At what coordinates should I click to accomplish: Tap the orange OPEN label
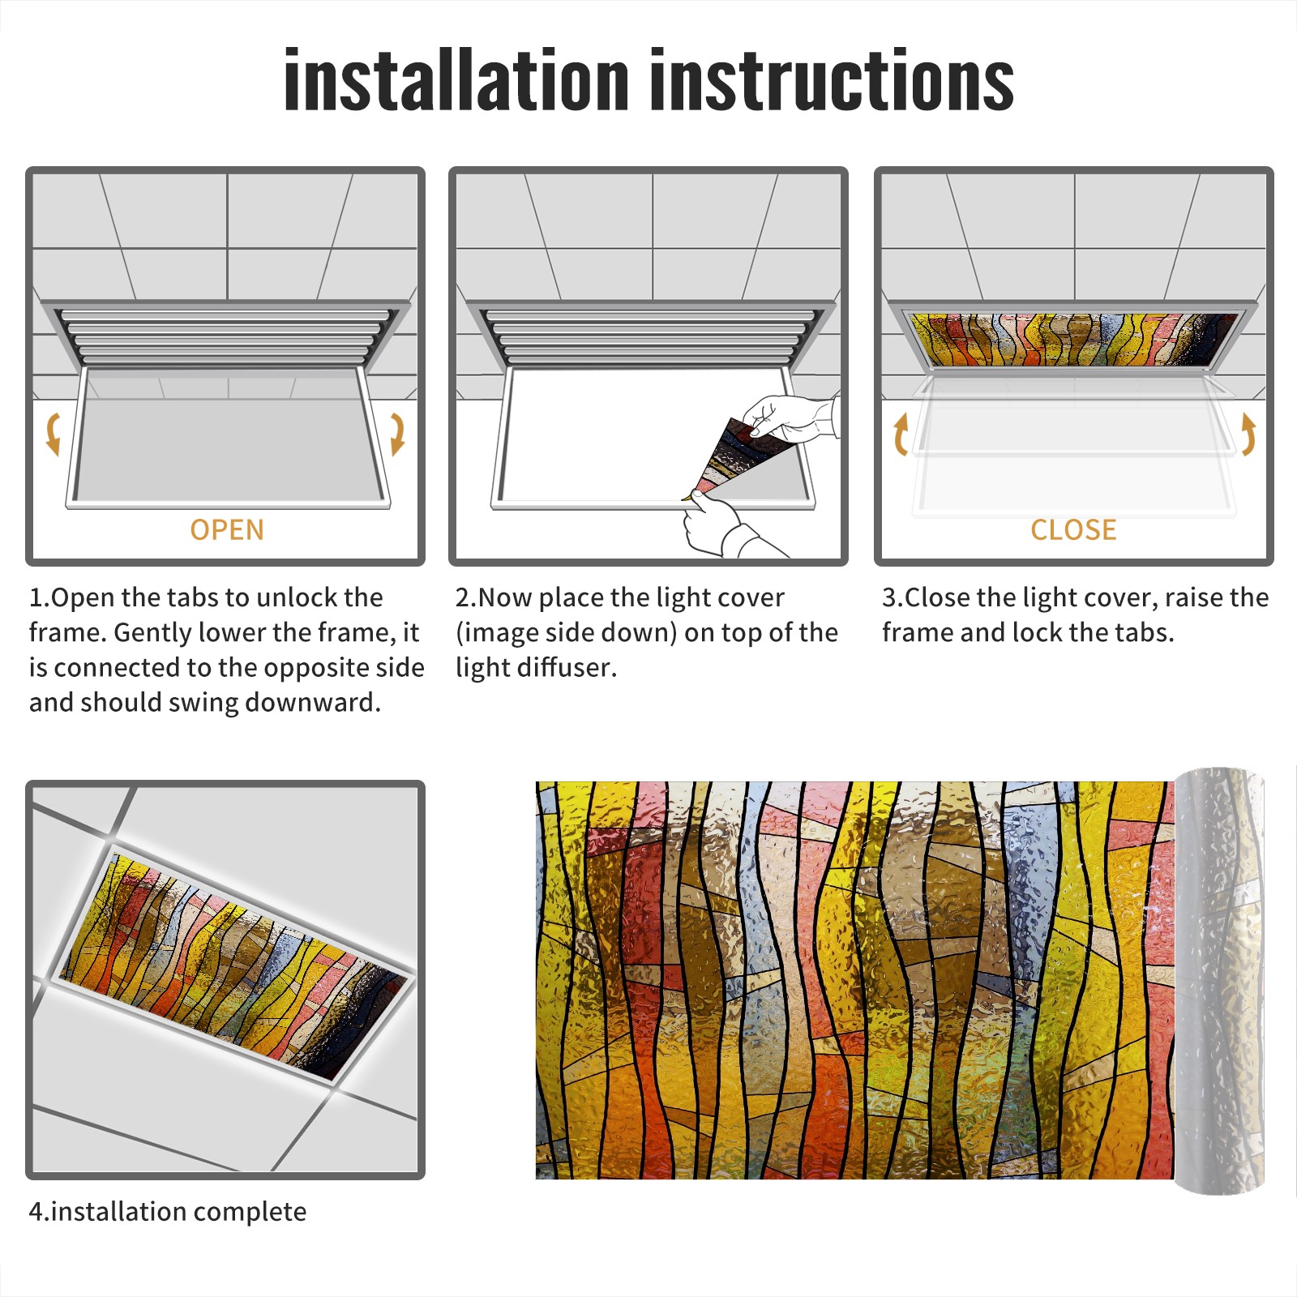227,530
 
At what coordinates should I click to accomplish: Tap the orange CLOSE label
1073,530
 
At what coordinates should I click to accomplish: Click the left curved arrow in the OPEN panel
53,434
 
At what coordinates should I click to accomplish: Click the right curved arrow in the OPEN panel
397,434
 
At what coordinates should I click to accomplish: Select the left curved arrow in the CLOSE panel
901,434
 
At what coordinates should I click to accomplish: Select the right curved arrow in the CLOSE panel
1248,434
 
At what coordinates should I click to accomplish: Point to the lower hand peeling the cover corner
726,527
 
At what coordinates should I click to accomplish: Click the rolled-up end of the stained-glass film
1220,981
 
